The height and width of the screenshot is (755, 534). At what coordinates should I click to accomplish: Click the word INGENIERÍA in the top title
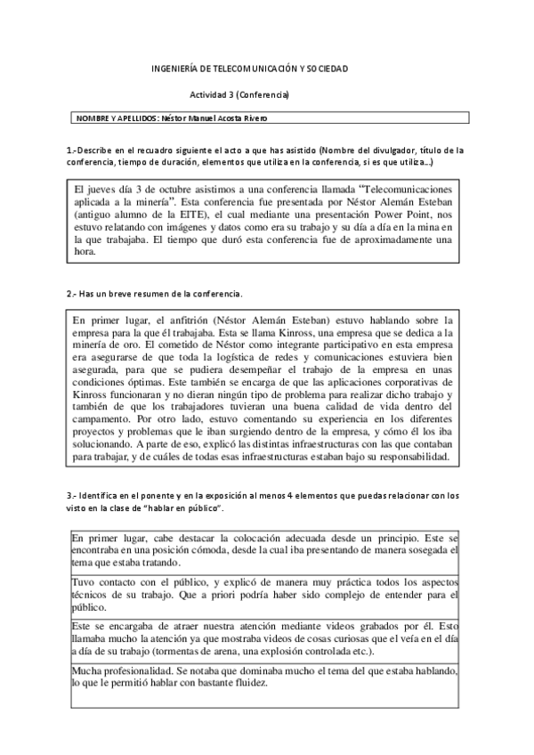(174, 68)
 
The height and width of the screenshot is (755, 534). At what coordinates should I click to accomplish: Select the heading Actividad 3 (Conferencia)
(240, 94)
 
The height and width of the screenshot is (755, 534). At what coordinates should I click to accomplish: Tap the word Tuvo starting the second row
(85, 580)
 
